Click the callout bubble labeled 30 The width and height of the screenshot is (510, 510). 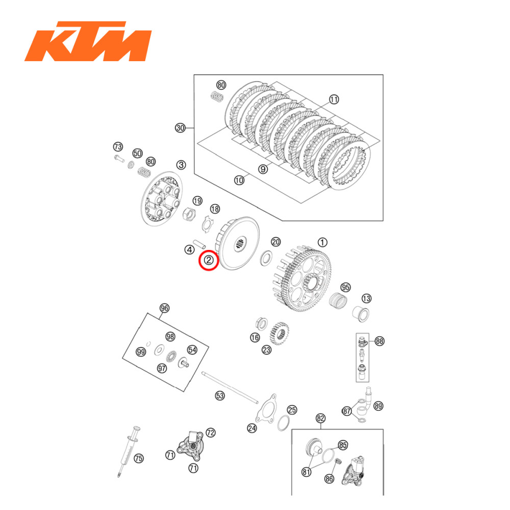(x=180, y=128)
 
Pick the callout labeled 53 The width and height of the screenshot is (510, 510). (x=220, y=395)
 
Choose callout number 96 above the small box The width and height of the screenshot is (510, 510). (x=164, y=308)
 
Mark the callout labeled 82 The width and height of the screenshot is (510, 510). (x=320, y=418)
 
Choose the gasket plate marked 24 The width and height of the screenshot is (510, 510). (x=266, y=409)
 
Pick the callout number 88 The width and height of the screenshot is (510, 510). (x=379, y=341)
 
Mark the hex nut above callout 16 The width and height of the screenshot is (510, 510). (x=259, y=323)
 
